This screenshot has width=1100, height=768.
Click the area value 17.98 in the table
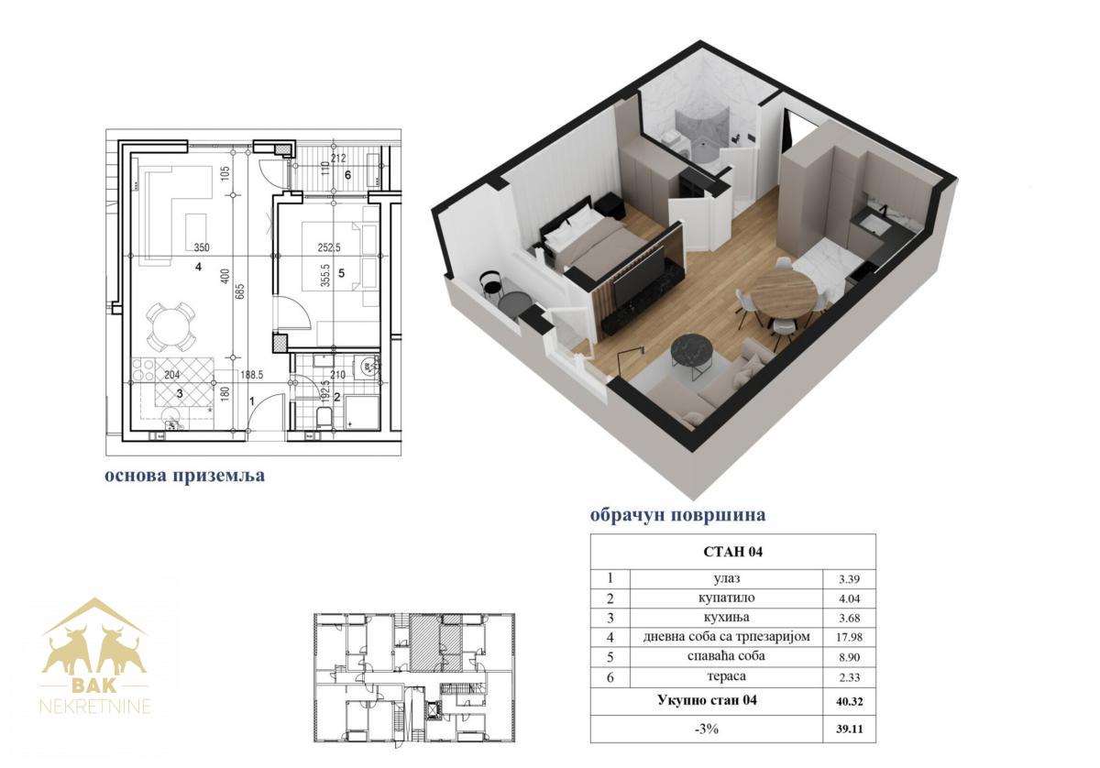pyautogui.click(x=849, y=637)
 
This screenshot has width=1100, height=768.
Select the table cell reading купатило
pyautogui.click(x=726, y=598)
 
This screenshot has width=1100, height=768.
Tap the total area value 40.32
pyautogui.click(x=849, y=702)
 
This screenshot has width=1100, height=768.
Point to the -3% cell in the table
pyautogui.click(x=707, y=730)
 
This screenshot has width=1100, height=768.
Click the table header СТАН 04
pyautogui.click(x=732, y=552)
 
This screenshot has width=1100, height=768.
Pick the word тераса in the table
pyautogui.click(x=726, y=676)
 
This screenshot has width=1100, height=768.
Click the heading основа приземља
pyautogui.click(x=184, y=476)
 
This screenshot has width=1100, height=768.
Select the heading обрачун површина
pyautogui.click(x=677, y=515)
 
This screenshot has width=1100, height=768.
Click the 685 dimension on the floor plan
pyautogui.click(x=239, y=291)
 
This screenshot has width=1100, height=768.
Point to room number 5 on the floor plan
pyautogui.click(x=341, y=273)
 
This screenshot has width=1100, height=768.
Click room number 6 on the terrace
pyautogui.click(x=347, y=175)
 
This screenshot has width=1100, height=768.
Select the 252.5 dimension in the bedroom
pyautogui.click(x=328, y=248)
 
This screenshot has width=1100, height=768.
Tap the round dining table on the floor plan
pyautogui.click(x=170, y=326)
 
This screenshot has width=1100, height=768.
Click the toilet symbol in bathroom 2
pyautogui.click(x=324, y=416)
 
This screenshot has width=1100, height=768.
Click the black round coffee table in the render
pyautogui.click(x=692, y=349)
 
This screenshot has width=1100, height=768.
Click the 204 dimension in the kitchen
pyautogui.click(x=172, y=375)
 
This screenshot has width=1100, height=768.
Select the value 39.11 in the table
pyautogui.click(x=849, y=730)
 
